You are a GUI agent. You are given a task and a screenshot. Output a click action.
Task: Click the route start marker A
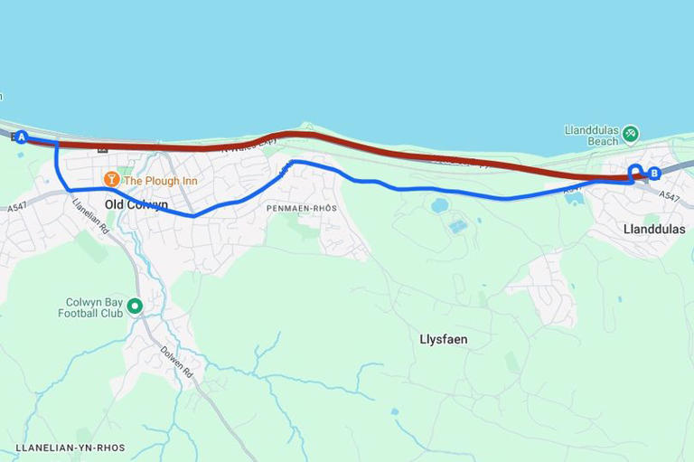pyautogui.click(x=22, y=137)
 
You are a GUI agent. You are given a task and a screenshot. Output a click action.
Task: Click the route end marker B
pyautogui.click(x=655, y=173)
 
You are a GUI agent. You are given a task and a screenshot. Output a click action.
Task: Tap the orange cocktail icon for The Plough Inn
pyautogui.click(x=112, y=180)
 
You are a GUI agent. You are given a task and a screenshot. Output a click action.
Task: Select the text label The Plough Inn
pyautogui.click(x=160, y=181)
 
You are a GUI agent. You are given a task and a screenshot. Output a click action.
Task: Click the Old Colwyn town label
pyautogui.click(x=136, y=204)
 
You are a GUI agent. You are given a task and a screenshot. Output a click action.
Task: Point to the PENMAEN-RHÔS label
pyautogui.click(x=301, y=208)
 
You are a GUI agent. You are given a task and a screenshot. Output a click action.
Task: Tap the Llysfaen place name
pyautogui.click(x=443, y=339)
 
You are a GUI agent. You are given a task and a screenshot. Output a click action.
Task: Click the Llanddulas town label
pyautogui.click(x=654, y=229)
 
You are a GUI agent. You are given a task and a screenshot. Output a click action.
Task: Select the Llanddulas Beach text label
pyautogui.click(x=592, y=136)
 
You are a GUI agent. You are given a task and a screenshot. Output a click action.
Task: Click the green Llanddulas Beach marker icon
pyautogui.click(x=631, y=134)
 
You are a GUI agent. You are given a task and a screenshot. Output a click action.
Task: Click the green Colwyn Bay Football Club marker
pyautogui.click(x=135, y=306)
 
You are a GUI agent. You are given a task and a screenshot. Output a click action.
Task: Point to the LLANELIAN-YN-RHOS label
pyautogui.click(x=70, y=448)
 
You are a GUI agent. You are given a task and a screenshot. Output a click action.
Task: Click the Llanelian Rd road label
pyautogui.click(x=91, y=215)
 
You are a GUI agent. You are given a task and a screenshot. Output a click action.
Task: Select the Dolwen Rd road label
pyautogui.click(x=178, y=361)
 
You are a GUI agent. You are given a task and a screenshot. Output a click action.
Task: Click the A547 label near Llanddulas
pyautogui.click(x=669, y=195)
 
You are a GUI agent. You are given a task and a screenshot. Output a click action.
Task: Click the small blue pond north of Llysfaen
pyautogui.click(x=440, y=205)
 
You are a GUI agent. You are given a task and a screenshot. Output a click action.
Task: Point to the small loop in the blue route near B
pyautogui.click(x=635, y=171)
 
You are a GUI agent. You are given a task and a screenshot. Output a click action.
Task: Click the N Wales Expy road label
pyautogui.click(x=239, y=145)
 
